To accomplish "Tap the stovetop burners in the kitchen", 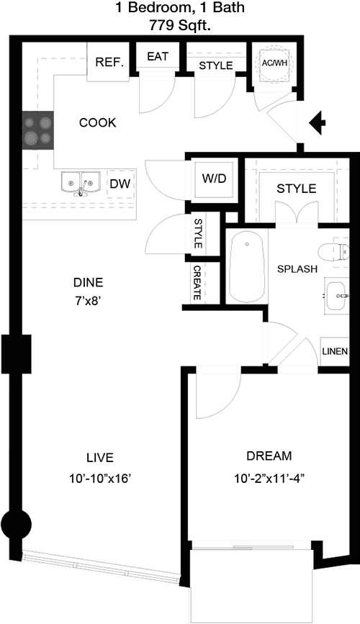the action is [38, 130].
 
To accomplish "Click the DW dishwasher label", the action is [120, 184].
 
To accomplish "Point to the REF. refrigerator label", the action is [109, 63].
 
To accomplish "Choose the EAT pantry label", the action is [158, 57].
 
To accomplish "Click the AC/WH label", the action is [274, 63].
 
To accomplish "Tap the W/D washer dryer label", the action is [214, 178].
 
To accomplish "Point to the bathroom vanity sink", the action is [336, 296].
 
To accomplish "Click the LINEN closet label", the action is [335, 351].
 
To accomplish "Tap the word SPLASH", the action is [297, 269].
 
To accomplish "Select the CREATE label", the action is [197, 283].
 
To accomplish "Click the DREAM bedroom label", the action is [269, 456].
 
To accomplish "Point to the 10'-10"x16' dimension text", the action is [100, 479].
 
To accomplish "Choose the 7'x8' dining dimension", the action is [88, 301].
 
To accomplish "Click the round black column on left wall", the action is [16, 525].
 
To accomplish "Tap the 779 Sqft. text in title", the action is [180, 27].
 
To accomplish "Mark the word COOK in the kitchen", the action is [98, 122].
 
